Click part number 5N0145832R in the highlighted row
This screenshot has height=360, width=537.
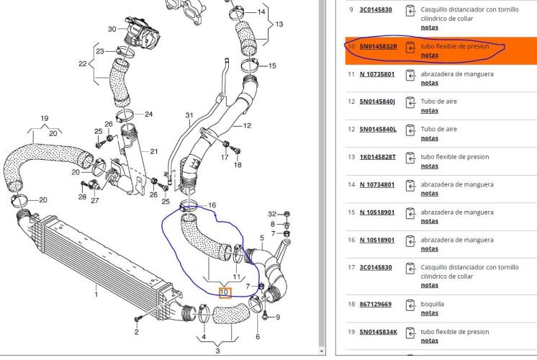pyautogui.click(x=378, y=46)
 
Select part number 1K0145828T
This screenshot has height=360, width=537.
pyautogui.click(x=377, y=157)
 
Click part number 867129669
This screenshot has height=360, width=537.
pyautogui.click(x=375, y=304)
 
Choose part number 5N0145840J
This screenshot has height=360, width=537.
pyautogui.click(x=377, y=102)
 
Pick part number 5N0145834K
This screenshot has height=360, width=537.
pyautogui.click(x=379, y=332)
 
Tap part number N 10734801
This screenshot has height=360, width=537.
pyautogui.click(x=377, y=184)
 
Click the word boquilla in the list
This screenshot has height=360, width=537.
pyautogui.click(x=432, y=304)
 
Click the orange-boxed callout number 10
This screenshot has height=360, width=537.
pyautogui.click(x=225, y=292)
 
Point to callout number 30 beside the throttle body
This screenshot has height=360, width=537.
pyautogui.click(x=112, y=29)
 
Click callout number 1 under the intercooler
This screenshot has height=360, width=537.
pyautogui.click(x=96, y=294)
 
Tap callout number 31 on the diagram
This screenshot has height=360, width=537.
pyautogui.click(x=189, y=115)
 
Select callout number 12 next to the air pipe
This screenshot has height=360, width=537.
pyautogui.click(x=247, y=126)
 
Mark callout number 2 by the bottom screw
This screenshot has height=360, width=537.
pyautogui.click(x=136, y=332)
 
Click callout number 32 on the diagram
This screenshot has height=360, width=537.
pyautogui.click(x=272, y=214)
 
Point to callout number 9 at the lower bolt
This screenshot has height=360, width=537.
pyautogui.click(x=278, y=318)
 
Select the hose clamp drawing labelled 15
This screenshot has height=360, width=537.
pyautogui.click(x=250, y=66)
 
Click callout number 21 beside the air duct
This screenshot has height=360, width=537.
pyautogui.click(x=154, y=151)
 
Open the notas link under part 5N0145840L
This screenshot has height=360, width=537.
pyautogui.click(x=430, y=138)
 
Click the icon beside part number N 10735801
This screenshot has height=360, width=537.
pyautogui.click(x=410, y=75)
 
